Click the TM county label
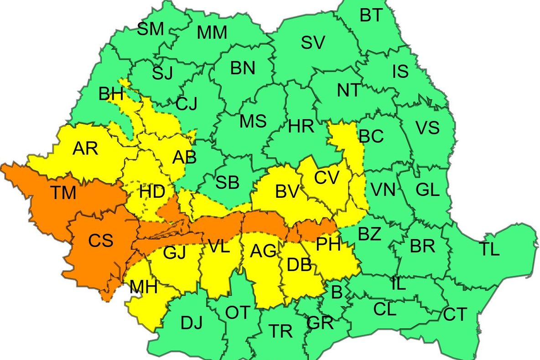(x=63, y=193)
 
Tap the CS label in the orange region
(x=100, y=240)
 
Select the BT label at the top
(x=371, y=16)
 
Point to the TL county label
(x=489, y=249)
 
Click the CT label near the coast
(x=455, y=314)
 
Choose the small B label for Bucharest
(x=337, y=292)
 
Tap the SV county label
(x=313, y=43)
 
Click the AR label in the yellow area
(x=85, y=149)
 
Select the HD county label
(x=152, y=192)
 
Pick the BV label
(x=287, y=192)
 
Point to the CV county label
(x=327, y=177)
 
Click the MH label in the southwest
(x=143, y=287)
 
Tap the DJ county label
(x=192, y=323)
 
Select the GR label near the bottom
(x=320, y=324)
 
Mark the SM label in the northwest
(x=151, y=30)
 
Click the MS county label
(x=253, y=122)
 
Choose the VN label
(x=383, y=189)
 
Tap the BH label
(x=111, y=94)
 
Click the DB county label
(x=300, y=263)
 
